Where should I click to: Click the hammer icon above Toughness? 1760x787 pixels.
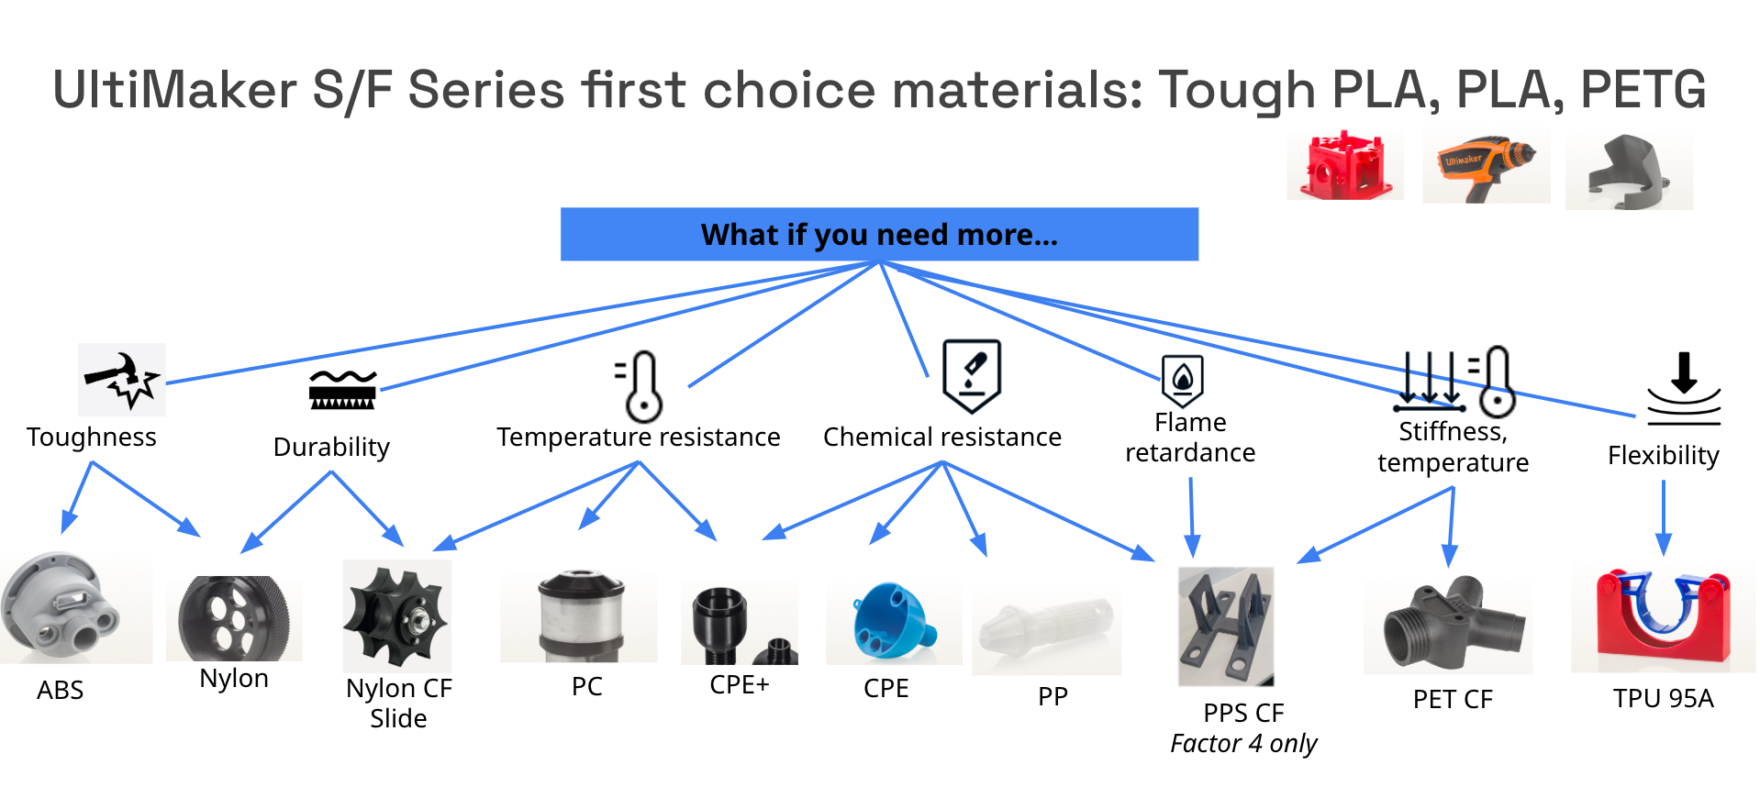coord(122,380)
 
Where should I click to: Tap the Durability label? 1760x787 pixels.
coord(331,447)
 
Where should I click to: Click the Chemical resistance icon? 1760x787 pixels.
coord(971,376)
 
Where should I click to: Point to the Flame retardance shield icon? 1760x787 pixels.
coord(1182,380)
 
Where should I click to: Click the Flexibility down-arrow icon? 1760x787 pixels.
coord(1683,389)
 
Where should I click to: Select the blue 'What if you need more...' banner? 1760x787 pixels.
coord(879,235)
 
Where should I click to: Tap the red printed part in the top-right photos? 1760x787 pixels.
coord(1344,166)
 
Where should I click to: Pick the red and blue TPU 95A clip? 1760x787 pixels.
coord(1663,615)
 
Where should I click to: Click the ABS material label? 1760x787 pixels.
coord(60,690)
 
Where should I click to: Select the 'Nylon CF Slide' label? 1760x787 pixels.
coord(398,703)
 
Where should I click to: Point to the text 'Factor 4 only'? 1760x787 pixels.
coord(1243,743)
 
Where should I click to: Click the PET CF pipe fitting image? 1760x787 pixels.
coord(1447,623)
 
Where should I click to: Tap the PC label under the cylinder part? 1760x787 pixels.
coord(586,686)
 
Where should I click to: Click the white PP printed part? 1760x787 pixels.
coord(1045,628)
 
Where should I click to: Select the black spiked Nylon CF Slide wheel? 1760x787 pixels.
coord(396,615)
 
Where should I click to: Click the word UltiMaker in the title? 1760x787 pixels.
coord(174,90)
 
